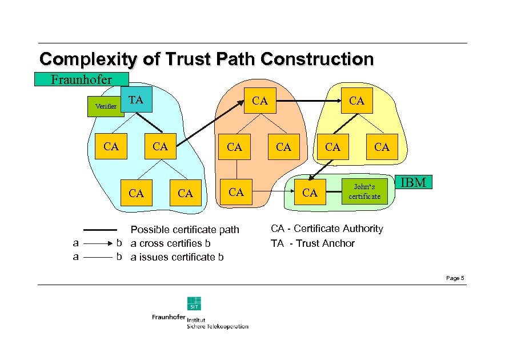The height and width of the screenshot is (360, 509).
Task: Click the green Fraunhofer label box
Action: coord(82,79)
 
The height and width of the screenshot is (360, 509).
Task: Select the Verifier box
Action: coord(106,106)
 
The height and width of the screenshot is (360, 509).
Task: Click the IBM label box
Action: coord(414,183)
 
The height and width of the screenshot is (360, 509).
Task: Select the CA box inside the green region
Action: coord(310,193)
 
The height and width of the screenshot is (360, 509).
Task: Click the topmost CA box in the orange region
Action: coord(260,101)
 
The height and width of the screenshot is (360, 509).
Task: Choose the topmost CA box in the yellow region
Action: coord(356,101)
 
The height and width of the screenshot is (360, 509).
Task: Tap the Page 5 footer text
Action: coord(455,278)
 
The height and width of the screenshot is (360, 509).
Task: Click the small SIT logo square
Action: coord(194,303)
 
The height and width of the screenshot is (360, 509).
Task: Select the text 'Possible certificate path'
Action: coord(185,230)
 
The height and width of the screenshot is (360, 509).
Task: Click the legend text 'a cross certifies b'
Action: coord(171,243)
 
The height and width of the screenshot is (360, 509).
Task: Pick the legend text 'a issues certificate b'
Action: coord(177,257)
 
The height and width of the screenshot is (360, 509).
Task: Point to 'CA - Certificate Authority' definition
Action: coord(327,229)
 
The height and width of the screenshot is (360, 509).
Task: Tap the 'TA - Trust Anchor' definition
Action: coord(312,243)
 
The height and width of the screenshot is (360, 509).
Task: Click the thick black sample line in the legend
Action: coord(101,230)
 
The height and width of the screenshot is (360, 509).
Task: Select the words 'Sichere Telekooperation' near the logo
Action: coord(218,326)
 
